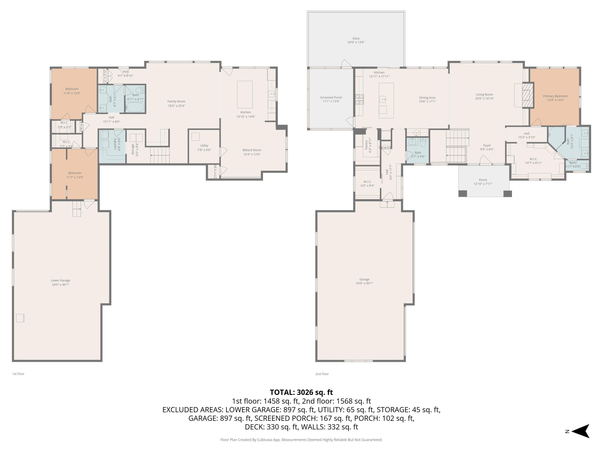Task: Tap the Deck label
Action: pos(356,38)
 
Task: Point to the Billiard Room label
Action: pos(252,150)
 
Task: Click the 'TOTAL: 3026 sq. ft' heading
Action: pos(301,392)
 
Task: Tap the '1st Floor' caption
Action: pos(18,374)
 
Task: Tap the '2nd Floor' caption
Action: pos(322,374)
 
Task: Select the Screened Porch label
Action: pos(331,98)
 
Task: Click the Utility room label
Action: pos(204,145)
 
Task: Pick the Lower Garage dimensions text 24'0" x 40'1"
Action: pos(61,285)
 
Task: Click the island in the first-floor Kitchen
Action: pos(245,95)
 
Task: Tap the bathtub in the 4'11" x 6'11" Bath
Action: pos(135,107)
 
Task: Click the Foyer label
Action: pos(487,145)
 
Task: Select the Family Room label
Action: pos(176,101)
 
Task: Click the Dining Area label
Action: pos(427,98)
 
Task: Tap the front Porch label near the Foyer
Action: pos(483,180)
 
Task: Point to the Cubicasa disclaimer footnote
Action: pos(301,440)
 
